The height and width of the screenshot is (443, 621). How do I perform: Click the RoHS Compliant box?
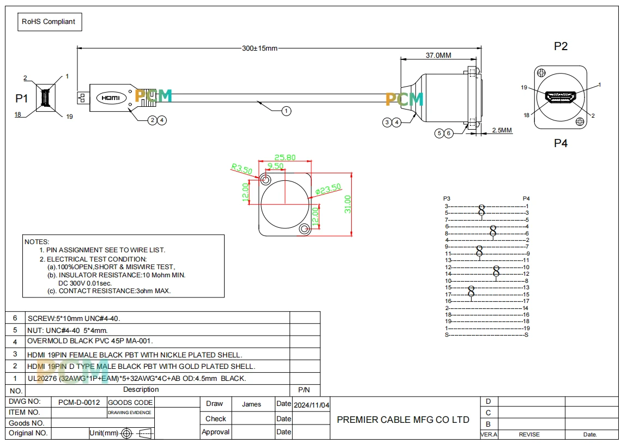pyautogui.click(x=50, y=22)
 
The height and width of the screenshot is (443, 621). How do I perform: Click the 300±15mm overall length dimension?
pyautogui.click(x=260, y=48)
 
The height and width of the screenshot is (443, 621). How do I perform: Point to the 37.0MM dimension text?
pyautogui.click(x=438, y=56)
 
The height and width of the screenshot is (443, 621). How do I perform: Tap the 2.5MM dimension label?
pyautogui.click(x=502, y=130)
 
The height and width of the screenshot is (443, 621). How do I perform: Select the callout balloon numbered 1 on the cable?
pyautogui.click(x=286, y=111)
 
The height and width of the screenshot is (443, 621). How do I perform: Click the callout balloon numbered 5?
pyautogui.click(x=439, y=133)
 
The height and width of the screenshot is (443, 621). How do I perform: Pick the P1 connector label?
pyautogui.click(x=21, y=98)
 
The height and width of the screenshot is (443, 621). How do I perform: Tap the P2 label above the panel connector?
pyautogui.click(x=560, y=46)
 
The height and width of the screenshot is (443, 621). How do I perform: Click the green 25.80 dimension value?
pyautogui.click(x=285, y=157)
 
